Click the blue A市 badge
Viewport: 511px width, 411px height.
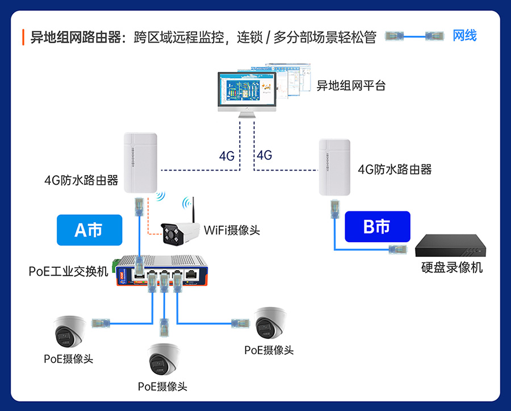(x=89, y=230)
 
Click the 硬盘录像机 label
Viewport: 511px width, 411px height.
(x=452, y=267)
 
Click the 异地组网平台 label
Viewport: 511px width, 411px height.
(x=351, y=86)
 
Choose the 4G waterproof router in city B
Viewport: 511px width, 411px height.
(x=334, y=166)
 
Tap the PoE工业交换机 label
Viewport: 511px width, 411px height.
(x=68, y=271)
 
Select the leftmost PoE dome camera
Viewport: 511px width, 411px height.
(x=69, y=331)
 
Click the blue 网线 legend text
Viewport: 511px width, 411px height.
(x=464, y=36)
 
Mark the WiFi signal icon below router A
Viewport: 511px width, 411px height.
(x=160, y=197)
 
